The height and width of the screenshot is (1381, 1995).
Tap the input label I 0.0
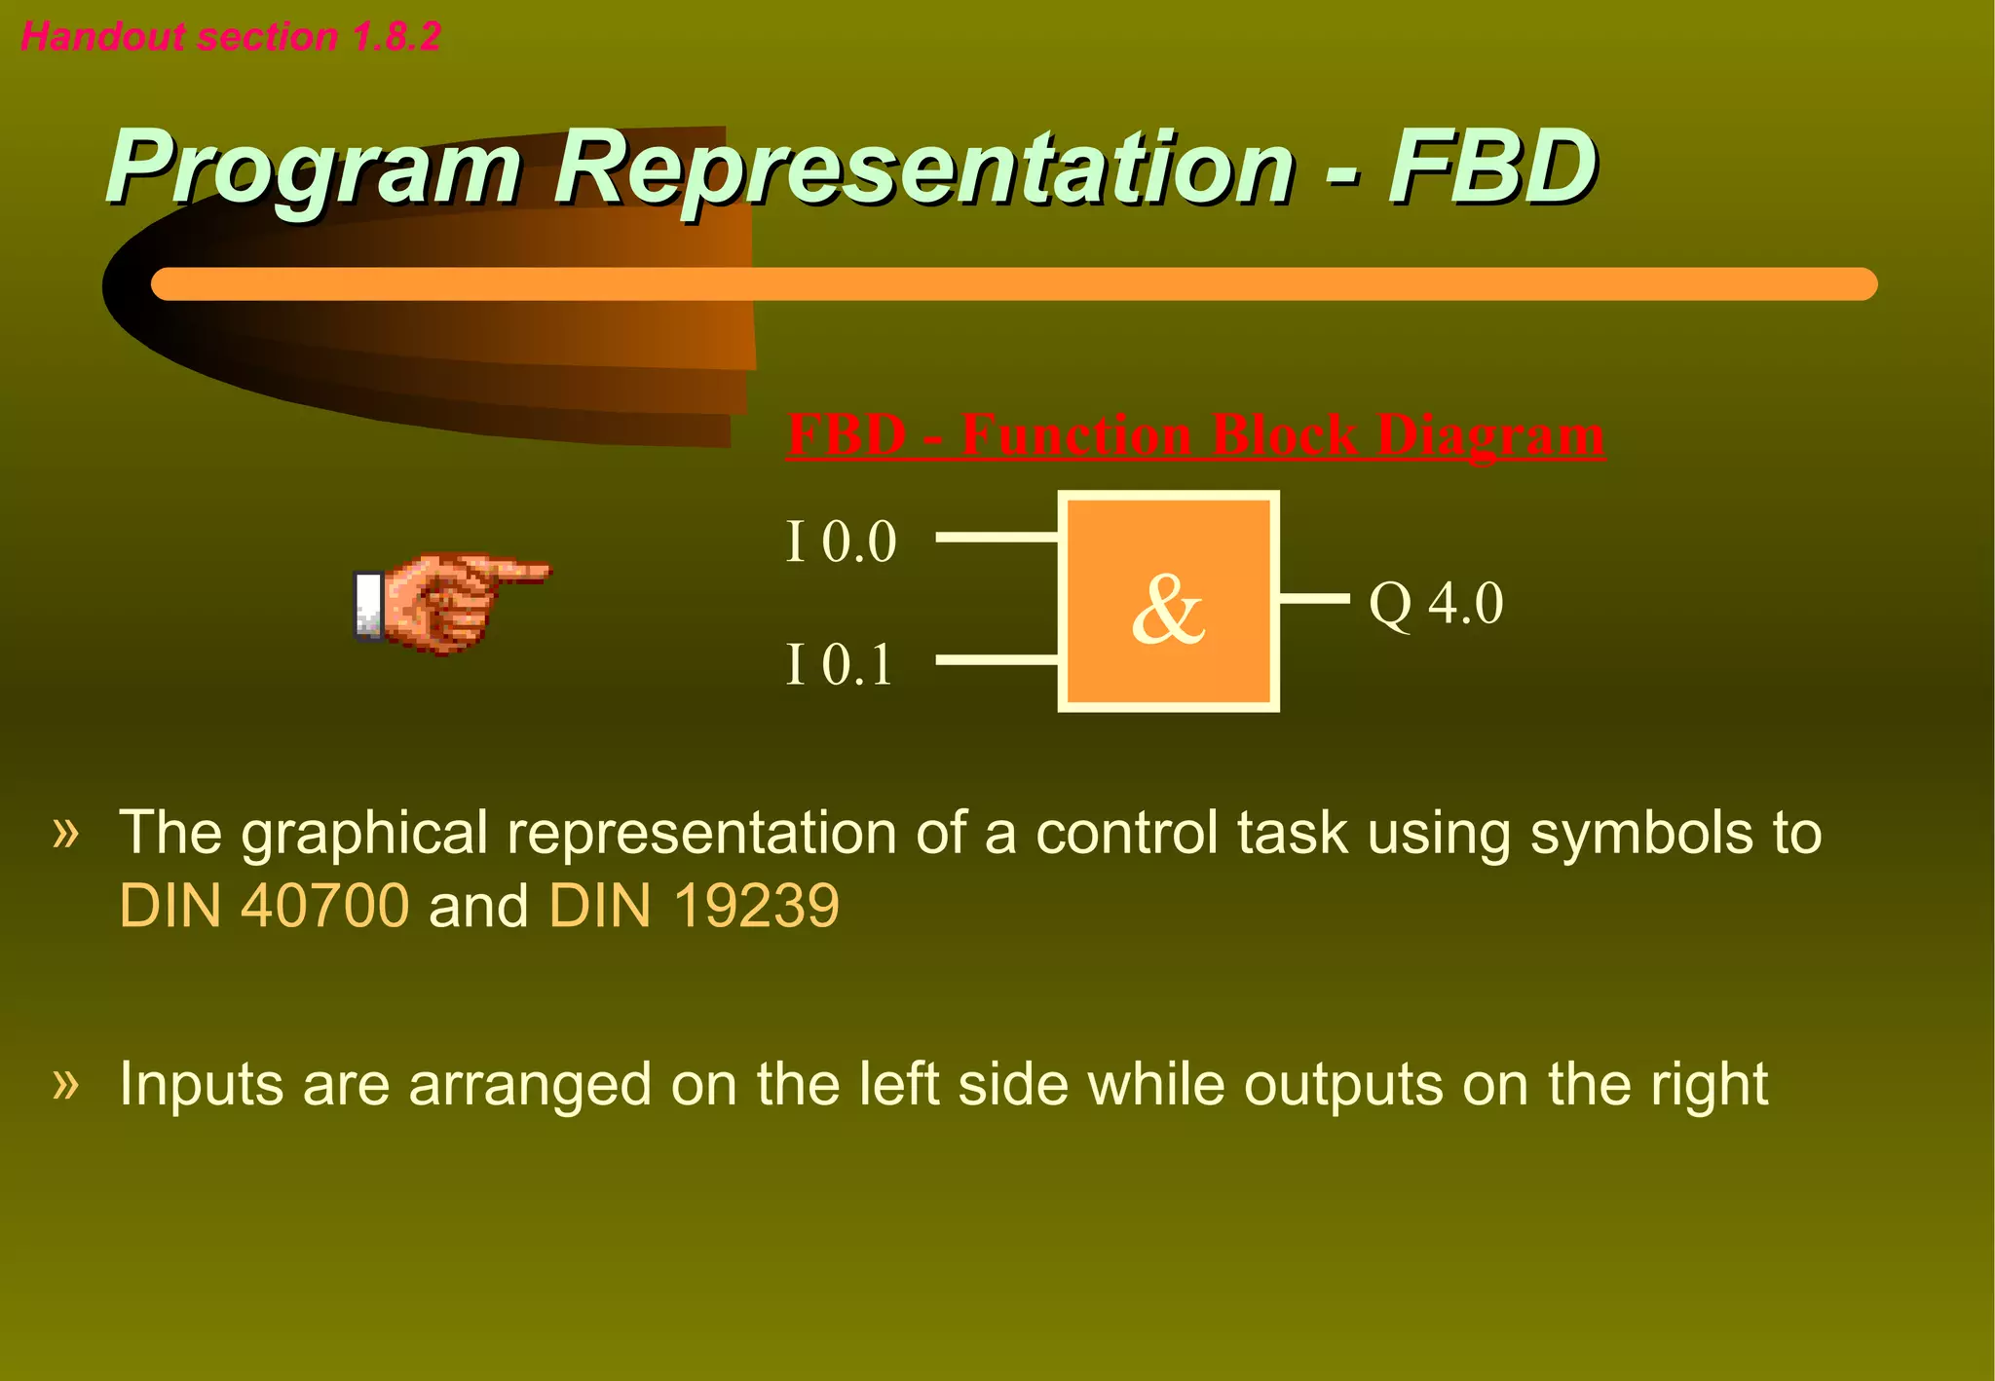click(x=841, y=541)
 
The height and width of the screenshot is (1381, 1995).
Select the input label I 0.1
click(x=840, y=665)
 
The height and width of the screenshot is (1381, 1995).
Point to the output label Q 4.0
click(x=1436, y=604)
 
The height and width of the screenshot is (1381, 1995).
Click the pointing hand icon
click(x=450, y=601)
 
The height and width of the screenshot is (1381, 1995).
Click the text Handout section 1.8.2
click(x=231, y=37)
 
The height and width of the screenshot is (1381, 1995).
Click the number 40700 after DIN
click(x=324, y=906)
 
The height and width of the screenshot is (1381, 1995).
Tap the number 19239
click(x=756, y=906)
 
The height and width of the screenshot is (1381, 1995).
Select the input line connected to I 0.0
click(x=996, y=537)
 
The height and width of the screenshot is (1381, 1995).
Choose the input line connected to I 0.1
click(x=996, y=660)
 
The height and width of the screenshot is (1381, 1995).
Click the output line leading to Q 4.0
click(x=1313, y=598)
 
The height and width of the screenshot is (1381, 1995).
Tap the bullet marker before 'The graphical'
click(x=65, y=833)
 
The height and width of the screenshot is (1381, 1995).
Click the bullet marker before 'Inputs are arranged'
click(x=65, y=1083)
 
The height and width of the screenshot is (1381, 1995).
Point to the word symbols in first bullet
click(x=1641, y=834)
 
